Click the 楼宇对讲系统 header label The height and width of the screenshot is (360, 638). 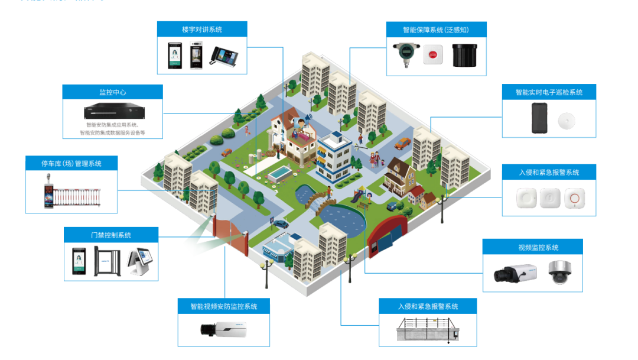tap(202, 29)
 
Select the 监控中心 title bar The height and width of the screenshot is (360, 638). tap(112, 92)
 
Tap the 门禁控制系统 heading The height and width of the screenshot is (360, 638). tap(111, 235)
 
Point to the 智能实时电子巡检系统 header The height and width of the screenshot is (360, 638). tap(549, 92)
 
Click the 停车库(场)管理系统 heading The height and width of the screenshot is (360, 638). tap(71, 163)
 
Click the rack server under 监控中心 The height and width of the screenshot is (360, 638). tap(112, 111)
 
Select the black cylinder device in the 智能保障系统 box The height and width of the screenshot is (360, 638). tap(464, 54)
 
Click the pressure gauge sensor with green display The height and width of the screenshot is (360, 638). tap(406, 55)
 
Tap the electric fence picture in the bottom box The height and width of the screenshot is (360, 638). tap(428, 331)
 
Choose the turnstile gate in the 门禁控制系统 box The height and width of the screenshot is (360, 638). tap(112, 264)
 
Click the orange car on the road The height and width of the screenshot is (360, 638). tap(403, 142)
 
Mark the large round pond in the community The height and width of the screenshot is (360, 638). tap(344, 221)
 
